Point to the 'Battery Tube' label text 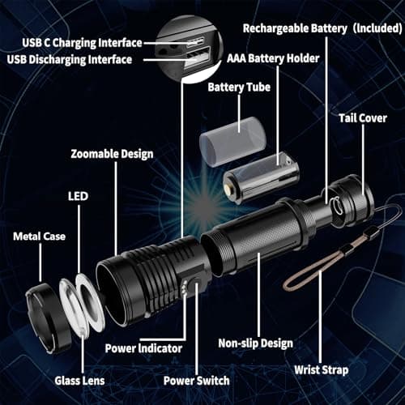[x=239, y=87]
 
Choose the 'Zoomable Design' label [x=112, y=154]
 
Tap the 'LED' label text [x=78, y=197]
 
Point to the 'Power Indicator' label [x=143, y=348]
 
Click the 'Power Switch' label [x=196, y=380]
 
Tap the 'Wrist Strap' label [x=322, y=370]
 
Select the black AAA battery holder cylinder [x=261, y=177]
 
